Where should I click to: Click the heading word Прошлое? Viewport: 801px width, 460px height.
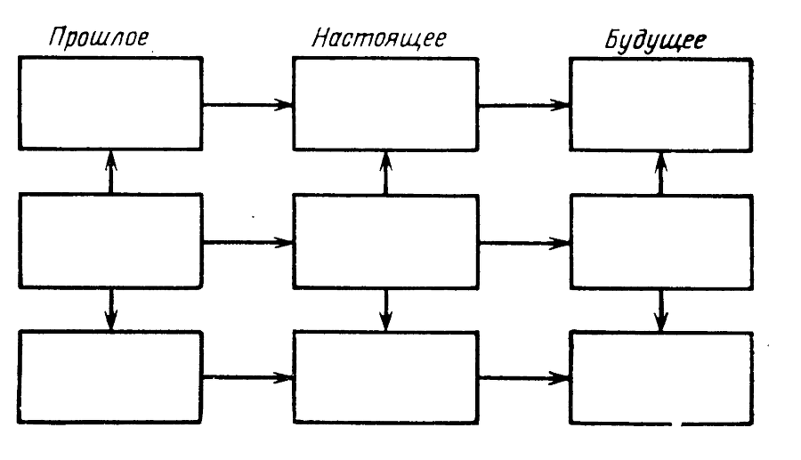click(x=98, y=39)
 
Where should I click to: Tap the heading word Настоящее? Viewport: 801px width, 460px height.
click(x=379, y=39)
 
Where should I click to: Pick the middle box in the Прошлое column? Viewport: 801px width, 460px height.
click(x=110, y=240)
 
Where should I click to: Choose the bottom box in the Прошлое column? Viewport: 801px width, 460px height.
click(x=110, y=377)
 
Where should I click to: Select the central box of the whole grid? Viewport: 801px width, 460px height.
click(x=385, y=240)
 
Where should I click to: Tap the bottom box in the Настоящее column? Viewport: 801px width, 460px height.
click(x=385, y=377)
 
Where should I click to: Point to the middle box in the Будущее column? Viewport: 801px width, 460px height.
click(x=661, y=240)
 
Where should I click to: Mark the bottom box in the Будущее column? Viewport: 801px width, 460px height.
click(x=661, y=377)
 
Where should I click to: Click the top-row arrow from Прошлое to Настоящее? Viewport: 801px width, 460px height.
click(x=247, y=104)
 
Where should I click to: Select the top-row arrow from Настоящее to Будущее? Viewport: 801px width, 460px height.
click(x=523, y=104)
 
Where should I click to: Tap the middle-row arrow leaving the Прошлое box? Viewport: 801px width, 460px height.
click(x=247, y=241)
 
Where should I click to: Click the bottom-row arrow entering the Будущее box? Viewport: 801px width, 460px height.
click(x=523, y=377)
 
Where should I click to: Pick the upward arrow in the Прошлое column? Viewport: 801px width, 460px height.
click(x=110, y=172)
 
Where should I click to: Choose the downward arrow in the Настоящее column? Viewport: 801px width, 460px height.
click(x=385, y=309)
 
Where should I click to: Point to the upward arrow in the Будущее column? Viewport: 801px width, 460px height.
click(x=660, y=172)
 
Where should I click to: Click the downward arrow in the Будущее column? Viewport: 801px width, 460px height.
click(x=660, y=309)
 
